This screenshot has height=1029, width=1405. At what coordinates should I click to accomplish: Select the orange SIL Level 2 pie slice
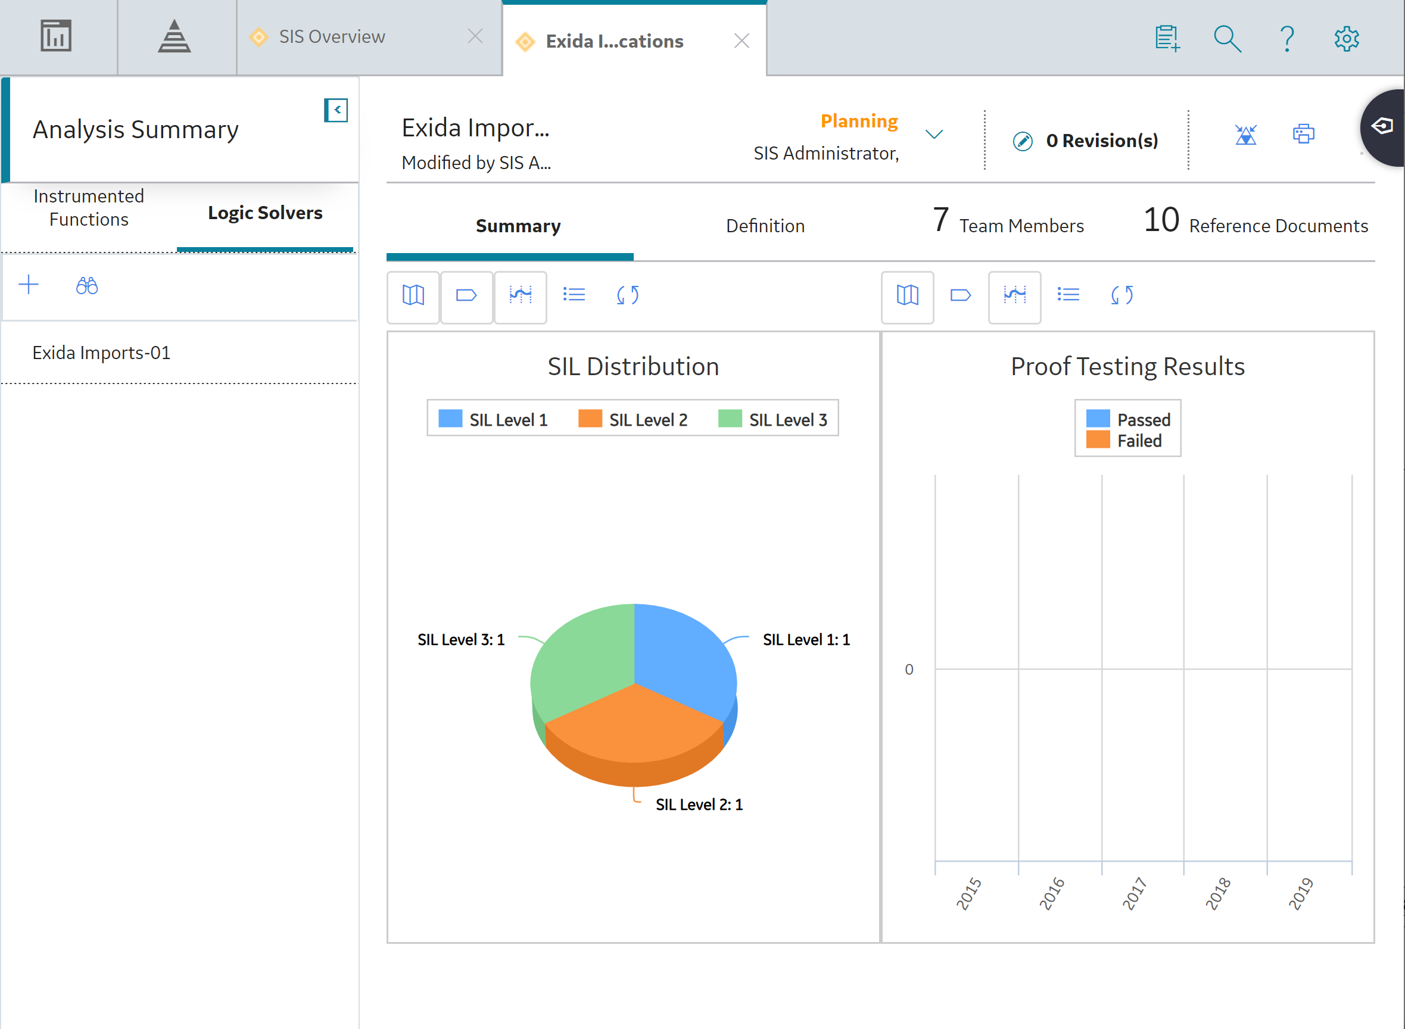634,735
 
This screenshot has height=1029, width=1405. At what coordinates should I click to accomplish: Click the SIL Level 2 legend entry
633,419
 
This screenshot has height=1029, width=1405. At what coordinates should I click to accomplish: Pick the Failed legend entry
1127,441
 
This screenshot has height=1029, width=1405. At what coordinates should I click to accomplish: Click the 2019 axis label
1301,894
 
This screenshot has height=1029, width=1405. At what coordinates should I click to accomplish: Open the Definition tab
765,226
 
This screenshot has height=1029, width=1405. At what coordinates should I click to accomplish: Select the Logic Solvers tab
265,213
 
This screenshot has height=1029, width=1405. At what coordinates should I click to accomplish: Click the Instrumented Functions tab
89,207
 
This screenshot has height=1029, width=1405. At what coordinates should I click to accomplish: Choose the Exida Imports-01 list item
101,353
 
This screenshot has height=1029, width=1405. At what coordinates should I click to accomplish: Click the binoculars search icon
86,285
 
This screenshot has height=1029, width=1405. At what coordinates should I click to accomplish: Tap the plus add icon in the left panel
29,285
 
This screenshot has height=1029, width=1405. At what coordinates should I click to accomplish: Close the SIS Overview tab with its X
475,36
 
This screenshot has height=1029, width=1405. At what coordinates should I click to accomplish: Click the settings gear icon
1347,39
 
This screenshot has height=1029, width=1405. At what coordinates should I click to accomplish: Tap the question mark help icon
1287,39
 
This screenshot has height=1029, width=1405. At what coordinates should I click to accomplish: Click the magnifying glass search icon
1228,39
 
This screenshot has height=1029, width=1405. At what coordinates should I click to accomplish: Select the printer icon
1303,134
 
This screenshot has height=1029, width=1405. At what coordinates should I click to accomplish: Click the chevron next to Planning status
934,135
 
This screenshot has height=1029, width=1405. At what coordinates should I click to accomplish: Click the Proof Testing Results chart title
1127,366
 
